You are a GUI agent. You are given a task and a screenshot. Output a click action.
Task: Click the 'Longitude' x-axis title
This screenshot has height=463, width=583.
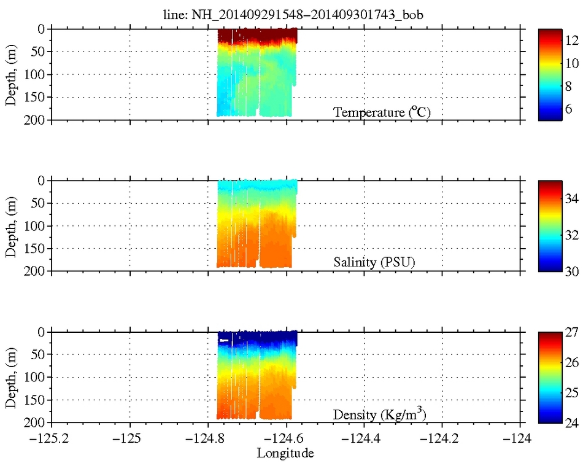point(285,454)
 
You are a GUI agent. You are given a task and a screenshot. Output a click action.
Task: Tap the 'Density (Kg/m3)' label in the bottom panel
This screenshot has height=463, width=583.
point(379,414)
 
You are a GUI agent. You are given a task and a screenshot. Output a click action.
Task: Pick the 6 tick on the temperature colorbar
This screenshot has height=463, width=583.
point(569,109)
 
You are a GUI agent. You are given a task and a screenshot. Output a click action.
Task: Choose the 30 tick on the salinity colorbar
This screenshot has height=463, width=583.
point(569,271)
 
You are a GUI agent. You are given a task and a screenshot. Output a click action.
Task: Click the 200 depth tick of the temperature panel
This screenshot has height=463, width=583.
point(34,120)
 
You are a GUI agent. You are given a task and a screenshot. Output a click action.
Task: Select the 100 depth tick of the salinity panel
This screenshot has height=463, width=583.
point(34,226)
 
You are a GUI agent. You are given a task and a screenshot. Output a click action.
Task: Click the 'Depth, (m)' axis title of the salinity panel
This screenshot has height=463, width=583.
point(12,226)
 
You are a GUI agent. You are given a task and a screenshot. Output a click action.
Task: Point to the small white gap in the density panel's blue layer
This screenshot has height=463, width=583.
point(224,340)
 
